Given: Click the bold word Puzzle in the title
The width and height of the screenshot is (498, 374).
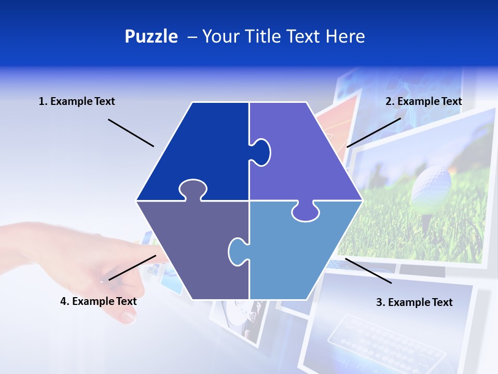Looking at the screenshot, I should tap(151, 36).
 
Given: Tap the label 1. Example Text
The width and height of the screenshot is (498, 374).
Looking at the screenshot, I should tap(77, 101).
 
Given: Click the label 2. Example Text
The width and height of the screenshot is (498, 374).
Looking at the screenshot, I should tap(423, 101).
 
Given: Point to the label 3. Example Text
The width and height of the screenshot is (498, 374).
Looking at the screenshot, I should tap(414, 302).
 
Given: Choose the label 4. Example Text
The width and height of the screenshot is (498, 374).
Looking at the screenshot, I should tap(99, 301).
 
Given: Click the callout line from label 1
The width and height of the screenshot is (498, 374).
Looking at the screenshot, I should tap(131, 133).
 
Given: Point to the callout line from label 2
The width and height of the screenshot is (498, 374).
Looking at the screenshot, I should tap(374, 132).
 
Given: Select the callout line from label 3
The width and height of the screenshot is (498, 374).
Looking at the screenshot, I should tap(368, 271).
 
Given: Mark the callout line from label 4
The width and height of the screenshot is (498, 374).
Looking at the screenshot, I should tap(132, 268).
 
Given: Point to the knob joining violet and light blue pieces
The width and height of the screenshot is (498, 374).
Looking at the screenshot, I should tap(306, 212).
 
